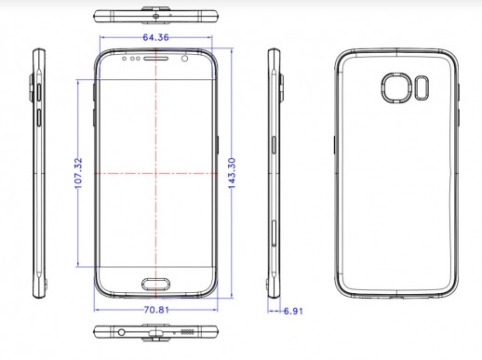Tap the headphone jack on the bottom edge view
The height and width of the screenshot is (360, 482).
(x=121, y=332)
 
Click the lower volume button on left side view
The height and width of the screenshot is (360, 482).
(x=38, y=117)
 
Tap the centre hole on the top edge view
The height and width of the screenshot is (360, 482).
(x=156, y=17)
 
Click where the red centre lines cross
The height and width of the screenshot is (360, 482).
(x=156, y=173)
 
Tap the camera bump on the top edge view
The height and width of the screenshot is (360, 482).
(x=156, y=11)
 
